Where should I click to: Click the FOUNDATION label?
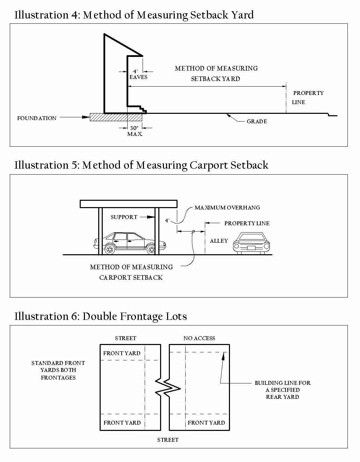(37, 118)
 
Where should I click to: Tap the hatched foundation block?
(108, 117)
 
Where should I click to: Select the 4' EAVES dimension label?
(138, 74)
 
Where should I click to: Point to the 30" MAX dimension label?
(135, 131)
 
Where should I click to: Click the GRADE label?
(257, 122)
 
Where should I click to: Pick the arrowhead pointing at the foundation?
(86, 117)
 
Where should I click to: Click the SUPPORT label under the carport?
(124, 217)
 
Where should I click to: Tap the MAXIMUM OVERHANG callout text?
(227, 208)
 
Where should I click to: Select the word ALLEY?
(219, 241)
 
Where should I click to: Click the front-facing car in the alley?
(252, 242)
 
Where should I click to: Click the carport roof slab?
(129, 204)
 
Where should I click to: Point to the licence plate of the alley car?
(251, 248)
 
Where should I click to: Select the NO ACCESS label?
(199, 338)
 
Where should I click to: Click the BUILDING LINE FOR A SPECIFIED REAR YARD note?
(282, 390)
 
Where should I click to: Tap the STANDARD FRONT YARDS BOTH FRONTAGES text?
(58, 370)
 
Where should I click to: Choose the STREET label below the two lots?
(168, 440)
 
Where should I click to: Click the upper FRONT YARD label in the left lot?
(122, 353)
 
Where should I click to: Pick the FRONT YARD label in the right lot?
(206, 423)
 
